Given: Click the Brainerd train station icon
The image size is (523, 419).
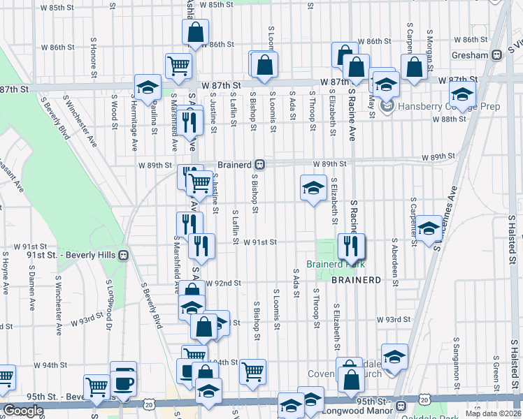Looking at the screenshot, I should pyautogui.click(x=259, y=165).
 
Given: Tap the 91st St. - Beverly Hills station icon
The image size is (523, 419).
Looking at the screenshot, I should pyautogui.click(x=123, y=255).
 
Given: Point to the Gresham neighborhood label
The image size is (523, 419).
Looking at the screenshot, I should pyautogui.click(x=471, y=54).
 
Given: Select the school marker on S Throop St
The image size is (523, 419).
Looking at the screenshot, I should pyautogui.click(x=313, y=186).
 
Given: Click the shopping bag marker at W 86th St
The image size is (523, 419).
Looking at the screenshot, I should pyautogui.click(x=195, y=31).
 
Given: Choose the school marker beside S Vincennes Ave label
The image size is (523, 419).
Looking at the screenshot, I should pyautogui.click(x=429, y=228).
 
